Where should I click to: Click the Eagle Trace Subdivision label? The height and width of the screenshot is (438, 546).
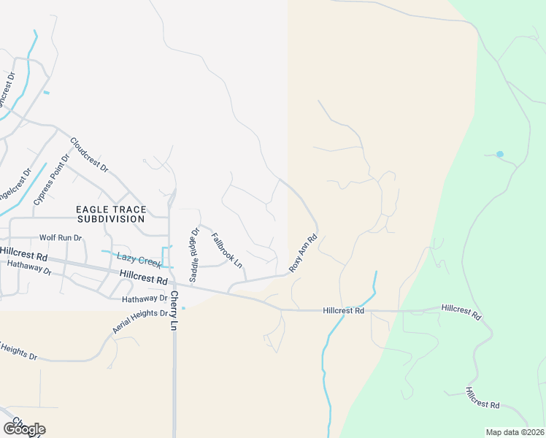pyautogui.click(x=111, y=214)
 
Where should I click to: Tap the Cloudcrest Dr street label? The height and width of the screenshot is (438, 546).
pyautogui.click(x=90, y=155)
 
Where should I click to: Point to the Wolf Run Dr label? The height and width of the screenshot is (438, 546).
pyautogui.click(x=61, y=238)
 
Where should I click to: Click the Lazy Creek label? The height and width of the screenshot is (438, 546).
pyautogui.click(x=138, y=260)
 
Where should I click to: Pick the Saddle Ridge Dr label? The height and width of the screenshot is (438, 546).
pyautogui.click(x=194, y=255)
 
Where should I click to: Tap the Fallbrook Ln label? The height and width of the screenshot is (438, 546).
pyautogui.click(x=226, y=250)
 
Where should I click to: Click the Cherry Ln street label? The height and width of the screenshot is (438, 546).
pyautogui.click(x=174, y=309)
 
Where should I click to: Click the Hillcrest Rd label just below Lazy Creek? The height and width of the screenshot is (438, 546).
pyautogui.click(x=144, y=277)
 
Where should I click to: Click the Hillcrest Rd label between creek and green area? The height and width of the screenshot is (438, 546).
pyautogui.click(x=343, y=311)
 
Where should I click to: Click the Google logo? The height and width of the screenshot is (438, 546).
pyautogui.click(x=24, y=429)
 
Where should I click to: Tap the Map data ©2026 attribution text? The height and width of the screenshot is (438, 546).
pyautogui.click(x=515, y=432)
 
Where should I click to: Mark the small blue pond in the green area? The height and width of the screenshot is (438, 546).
pyautogui.click(x=500, y=154)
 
